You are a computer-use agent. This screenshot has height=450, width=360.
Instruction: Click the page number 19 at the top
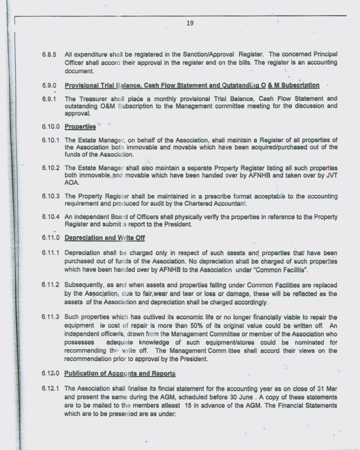coord(190,23)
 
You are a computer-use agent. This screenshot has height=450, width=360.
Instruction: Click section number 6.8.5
coord(49,55)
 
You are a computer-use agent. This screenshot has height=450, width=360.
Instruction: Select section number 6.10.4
coord(50,216)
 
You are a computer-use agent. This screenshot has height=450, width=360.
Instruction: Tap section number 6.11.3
coord(50,316)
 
